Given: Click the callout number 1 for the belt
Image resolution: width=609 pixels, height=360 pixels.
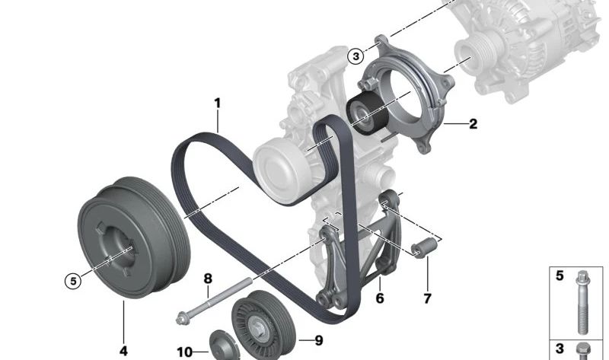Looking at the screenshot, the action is pyautogui.click(x=218, y=104).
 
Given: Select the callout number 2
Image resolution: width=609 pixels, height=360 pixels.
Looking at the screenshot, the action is pyautogui.click(x=473, y=124).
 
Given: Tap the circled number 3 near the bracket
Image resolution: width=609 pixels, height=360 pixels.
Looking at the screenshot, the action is pyautogui.click(x=356, y=56).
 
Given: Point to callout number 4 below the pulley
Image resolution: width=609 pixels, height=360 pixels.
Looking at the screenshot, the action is pyautogui.click(x=123, y=351).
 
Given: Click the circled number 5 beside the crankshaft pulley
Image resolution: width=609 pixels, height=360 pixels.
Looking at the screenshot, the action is pyautogui.click(x=73, y=280).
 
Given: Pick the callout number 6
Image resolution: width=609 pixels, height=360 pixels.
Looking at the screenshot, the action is pyautogui.click(x=380, y=298).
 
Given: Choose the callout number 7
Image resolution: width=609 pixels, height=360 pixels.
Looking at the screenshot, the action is pyautogui.click(x=427, y=298).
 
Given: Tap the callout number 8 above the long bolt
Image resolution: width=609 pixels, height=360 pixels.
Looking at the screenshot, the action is pyautogui.click(x=208, y=279).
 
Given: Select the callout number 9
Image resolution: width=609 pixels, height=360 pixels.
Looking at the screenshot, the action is pyautogui.click(x=318, y=340).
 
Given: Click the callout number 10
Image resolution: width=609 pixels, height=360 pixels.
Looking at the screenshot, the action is pyautogui.click(x=184, y=352).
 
